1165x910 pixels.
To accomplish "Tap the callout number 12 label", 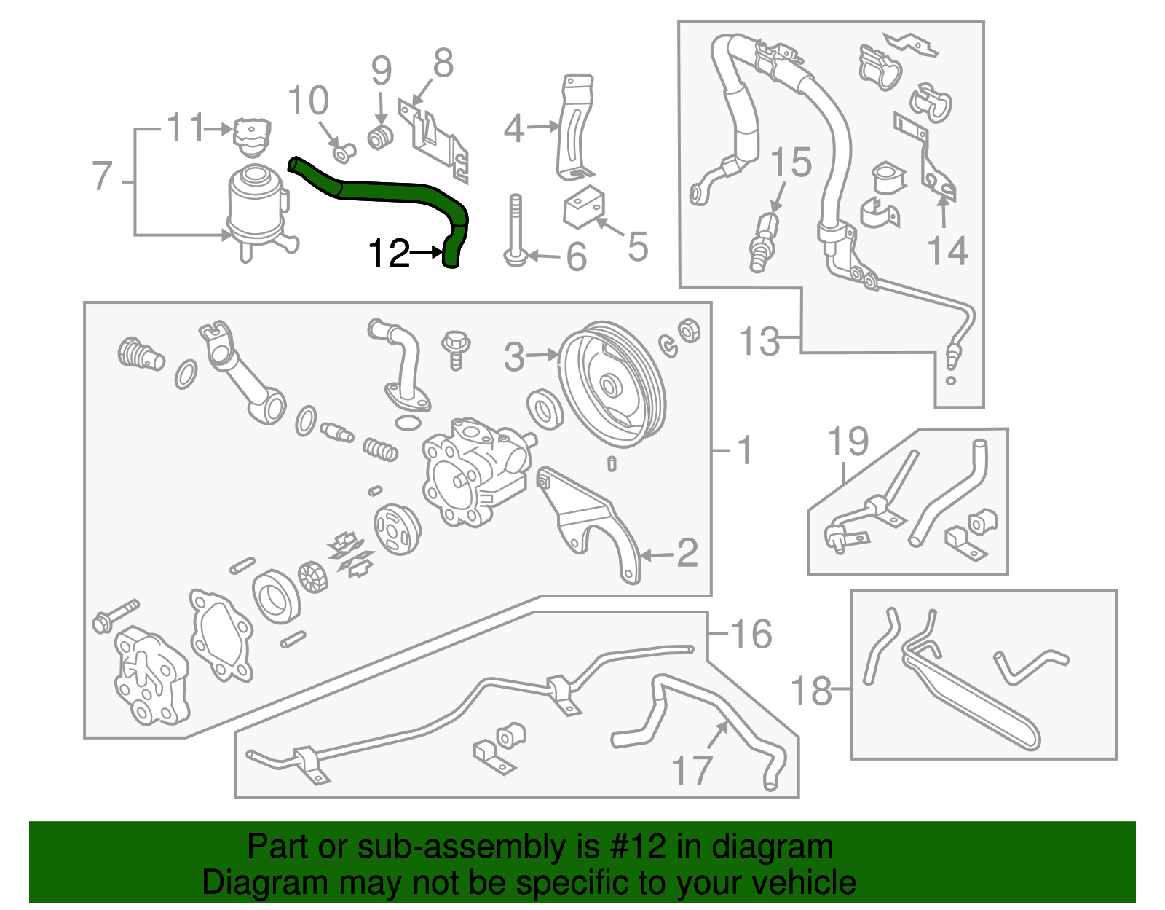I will [x=389, y=254].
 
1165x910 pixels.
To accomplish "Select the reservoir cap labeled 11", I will [x=251, y=136].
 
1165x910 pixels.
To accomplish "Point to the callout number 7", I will [x=103, y=176].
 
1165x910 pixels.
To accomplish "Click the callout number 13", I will [x=759, y=341].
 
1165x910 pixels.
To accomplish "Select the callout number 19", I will [x=848, y=442].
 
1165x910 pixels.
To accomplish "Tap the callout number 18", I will [x=810, y=690].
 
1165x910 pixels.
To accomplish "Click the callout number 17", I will [x=691, y=770].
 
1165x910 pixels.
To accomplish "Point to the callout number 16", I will [x=751, y=634].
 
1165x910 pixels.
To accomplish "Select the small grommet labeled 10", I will [x=343, y=152].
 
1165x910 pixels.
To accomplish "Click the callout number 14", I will [x=947, y=251].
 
